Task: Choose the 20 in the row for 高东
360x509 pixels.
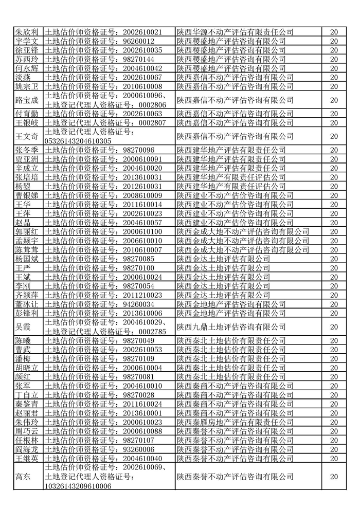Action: (334, 477)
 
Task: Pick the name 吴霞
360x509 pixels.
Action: (23, 326)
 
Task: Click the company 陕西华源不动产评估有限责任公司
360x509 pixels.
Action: (235, 32)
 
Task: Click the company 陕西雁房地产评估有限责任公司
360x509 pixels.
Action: (235, 422)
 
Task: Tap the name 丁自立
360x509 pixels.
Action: (26, 394)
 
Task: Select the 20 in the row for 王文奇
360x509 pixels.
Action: (334, 136)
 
